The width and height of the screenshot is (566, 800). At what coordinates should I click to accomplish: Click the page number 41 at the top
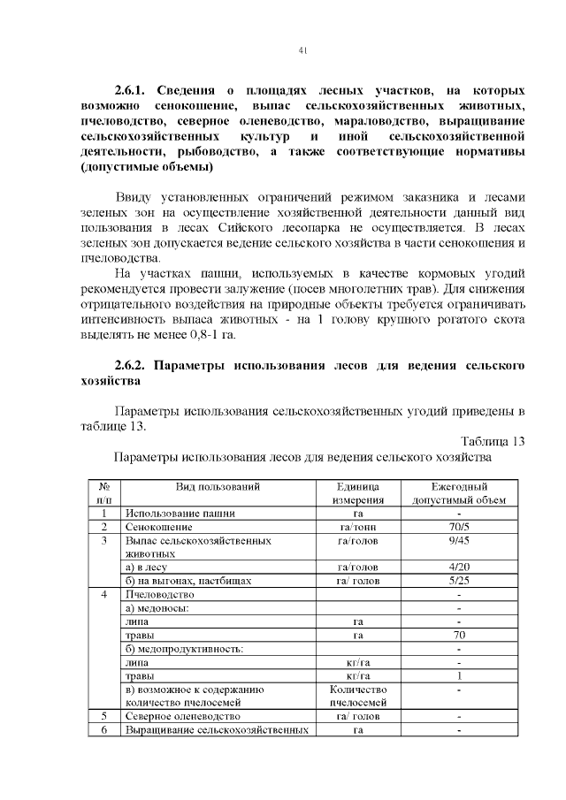pyautogui.click(x=302, y=52)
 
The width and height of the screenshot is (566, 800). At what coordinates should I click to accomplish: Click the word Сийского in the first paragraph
pyautogui.click(x=259, y=227)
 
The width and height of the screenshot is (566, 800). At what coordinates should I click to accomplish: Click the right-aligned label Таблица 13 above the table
pyautogui.click(x=493, y=441)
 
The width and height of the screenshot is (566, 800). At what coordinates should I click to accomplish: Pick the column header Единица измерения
pyautogui.click(x=358, y=493)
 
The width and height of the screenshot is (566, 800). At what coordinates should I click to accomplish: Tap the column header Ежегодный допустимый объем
pyautogui.click(x=459, y=493)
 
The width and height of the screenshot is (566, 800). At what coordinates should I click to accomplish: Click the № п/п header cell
pyautogui.click(x=103, y=493)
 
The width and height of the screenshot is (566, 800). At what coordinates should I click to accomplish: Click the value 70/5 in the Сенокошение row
pyautogui.click(x=459, y=527)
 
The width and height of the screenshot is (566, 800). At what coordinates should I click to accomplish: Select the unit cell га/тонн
pyautogui.click(x=358, y=527)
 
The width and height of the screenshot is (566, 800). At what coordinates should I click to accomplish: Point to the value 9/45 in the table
pyautogui.click(x=459, y=540)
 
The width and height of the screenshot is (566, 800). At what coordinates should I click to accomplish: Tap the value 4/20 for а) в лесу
pyautogui.click(x=459, y=568)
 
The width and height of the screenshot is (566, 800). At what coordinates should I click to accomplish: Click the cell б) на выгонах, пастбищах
pyautogui.click(x=189, y=582)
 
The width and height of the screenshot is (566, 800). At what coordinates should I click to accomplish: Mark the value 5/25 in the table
pyautogui.click(x=459, y=582)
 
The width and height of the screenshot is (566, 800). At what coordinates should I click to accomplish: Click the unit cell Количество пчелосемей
pyautogui.click(x=358, y=696)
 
